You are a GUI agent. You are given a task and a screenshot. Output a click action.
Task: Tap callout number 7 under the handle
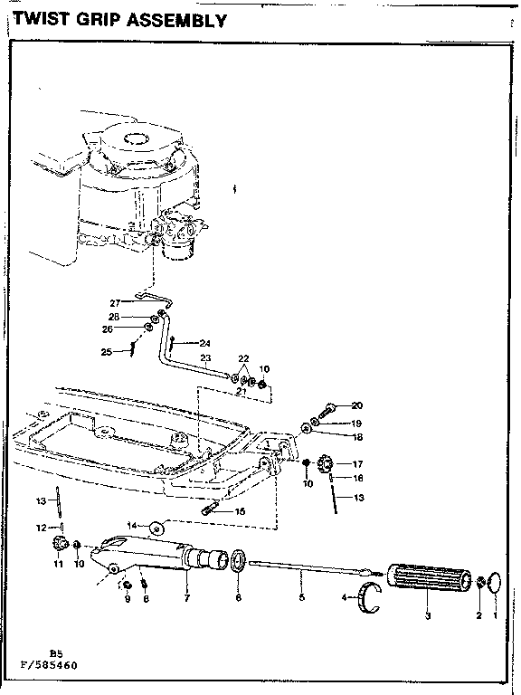tap(186, 598)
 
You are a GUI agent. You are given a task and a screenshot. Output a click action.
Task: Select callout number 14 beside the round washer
tap(132, 526)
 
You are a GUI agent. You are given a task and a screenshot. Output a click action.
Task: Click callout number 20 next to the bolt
tap(356, 405)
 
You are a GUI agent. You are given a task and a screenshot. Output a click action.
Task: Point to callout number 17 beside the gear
tap(356, 463)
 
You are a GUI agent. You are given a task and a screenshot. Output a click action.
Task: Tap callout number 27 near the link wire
tap(115, 302)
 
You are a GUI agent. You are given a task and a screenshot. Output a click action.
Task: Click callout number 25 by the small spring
tap(106, 351)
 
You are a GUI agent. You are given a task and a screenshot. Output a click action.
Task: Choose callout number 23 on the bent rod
tap(205, 358)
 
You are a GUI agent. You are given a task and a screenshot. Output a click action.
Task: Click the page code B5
tap(56, 652)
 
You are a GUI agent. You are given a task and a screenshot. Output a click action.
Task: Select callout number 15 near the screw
tap(241, 511)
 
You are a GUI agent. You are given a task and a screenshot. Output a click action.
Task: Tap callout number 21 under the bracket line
tap(242, 390)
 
